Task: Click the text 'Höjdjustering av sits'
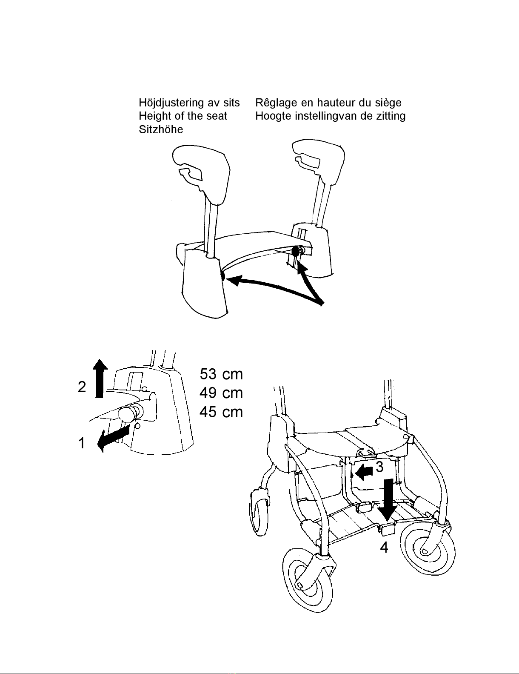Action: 189,103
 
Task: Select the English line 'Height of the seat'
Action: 183,116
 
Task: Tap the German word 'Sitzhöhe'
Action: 161,130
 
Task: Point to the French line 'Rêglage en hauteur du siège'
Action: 328,103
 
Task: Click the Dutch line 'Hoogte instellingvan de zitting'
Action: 330,116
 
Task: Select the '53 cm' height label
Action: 221,374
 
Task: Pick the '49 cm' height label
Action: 221,393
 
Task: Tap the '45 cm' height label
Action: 221,412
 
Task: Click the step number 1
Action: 81,444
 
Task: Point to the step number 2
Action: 82,387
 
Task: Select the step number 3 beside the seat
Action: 379,467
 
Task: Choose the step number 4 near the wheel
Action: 384,548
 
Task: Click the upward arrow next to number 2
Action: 100,378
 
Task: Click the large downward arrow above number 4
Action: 388,498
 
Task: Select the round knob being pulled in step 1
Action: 128,413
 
